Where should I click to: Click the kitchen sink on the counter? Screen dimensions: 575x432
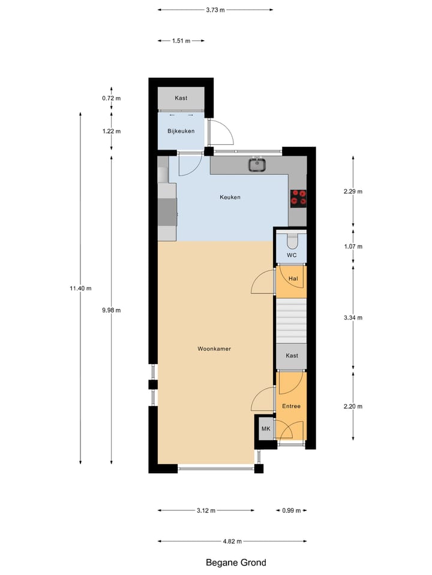258,164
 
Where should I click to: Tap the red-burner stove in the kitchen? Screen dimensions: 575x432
298,197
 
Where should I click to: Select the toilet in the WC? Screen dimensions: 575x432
292,241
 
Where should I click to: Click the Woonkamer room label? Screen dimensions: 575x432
214,349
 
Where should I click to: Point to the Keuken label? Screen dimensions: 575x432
230,197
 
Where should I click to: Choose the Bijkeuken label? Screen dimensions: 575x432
181,131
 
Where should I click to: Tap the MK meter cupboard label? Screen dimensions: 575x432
265,429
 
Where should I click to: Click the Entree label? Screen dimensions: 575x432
292,406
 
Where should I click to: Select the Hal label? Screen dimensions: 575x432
293,279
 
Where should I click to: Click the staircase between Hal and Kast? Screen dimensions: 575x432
292,322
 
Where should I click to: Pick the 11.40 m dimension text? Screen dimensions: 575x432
80,288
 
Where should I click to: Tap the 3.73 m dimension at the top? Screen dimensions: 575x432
215,10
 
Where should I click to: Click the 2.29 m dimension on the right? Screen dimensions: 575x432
353,192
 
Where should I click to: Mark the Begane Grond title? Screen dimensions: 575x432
236,562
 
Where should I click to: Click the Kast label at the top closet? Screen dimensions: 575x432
181,98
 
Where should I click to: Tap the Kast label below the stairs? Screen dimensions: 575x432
292,356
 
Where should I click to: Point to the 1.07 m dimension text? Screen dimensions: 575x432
353,246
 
